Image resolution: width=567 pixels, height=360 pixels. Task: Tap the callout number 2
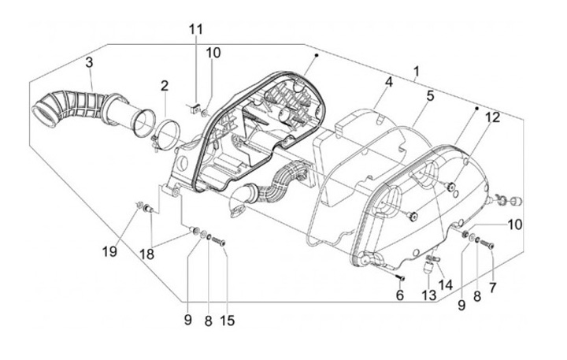(x=165, y=85)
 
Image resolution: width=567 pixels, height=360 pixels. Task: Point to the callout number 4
(x=388, y=82)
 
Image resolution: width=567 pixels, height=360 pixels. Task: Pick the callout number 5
(x=430, y=96)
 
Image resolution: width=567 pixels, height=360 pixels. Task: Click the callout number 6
(x=399, y=295)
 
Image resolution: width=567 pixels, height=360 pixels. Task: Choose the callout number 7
(x=493, y=288)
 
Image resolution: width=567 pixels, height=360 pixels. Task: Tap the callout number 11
(x=195, y=29)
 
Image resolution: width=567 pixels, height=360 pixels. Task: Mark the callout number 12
(x=492, y=117)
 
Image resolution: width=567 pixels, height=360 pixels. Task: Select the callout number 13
(x=428, y=295)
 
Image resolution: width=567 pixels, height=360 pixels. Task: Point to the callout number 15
(x=228, y=321)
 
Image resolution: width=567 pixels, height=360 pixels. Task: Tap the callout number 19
(x=109, y=251)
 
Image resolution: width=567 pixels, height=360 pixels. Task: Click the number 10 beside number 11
(x=213, y=53)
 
